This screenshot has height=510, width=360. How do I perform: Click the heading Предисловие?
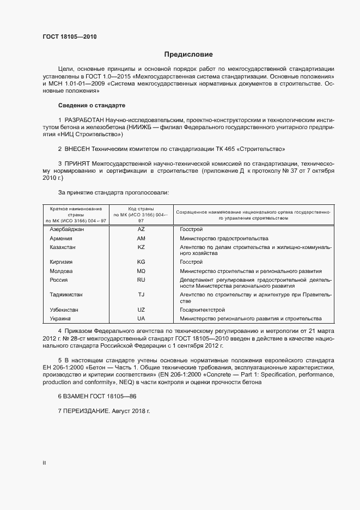(x=188, y=54)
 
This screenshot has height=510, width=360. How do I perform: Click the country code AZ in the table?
(x=141, y=230)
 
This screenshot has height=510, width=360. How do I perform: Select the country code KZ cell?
(x=141, y=247)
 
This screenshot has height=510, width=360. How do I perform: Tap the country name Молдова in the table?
(x=61, y=271)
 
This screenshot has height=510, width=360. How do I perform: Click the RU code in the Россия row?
(x=141, y=280)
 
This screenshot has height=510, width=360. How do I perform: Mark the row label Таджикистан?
(x=66, y=294)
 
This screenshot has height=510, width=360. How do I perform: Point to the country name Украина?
(x=60, y=318)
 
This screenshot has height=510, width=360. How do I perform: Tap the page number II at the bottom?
(x=44, y=463)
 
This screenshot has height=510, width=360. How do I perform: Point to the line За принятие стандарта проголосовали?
(x=113, y=192)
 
